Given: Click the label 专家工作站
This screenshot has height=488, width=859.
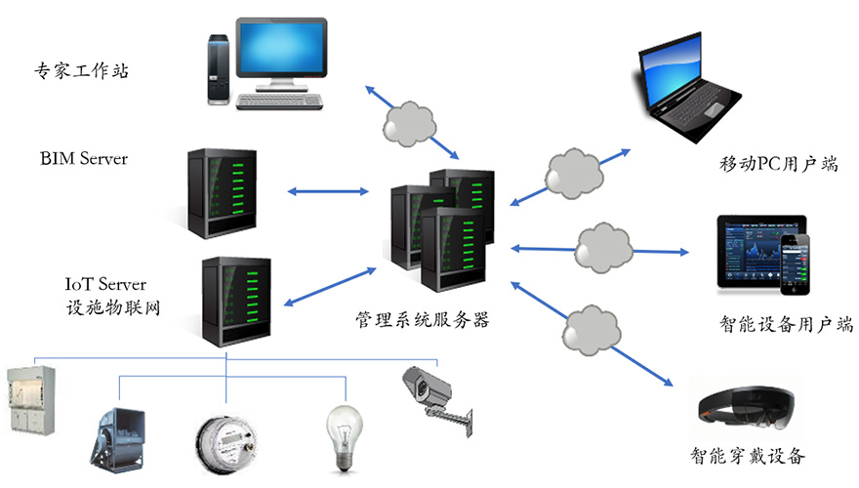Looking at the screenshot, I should (82, 70).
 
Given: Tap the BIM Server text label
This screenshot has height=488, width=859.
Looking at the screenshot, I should (84, 158).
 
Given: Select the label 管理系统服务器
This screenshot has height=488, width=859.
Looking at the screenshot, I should (423, 318).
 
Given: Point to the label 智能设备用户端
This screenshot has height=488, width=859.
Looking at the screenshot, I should (786, 324).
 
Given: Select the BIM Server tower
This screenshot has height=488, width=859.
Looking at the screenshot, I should (222, 193).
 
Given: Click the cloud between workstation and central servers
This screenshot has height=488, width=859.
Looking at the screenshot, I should (410, 122).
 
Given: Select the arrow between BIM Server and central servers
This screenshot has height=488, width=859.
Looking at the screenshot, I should (326, 191).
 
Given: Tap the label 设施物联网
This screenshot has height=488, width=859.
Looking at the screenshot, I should (109, 307).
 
